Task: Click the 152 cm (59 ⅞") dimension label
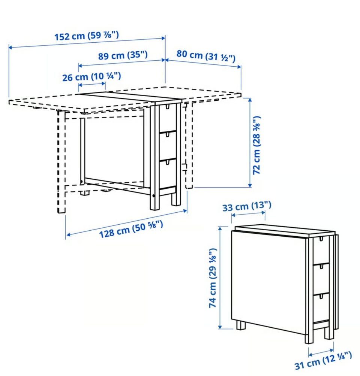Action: pyautogui.click(x=87, y=36)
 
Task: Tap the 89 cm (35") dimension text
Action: pyautogui.click(x=123, y=55)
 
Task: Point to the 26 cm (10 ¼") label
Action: pyautogui.click(x=91, y=77)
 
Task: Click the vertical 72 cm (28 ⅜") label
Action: pyautogui.click(x=256, y=145)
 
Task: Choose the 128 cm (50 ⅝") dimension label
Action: pyautogui.click(x=131, y=229)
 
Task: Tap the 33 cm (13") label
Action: pyautogui.click(x=247, y=206)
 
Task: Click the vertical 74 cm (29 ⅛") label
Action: pyautogui.click(x=213, y=278)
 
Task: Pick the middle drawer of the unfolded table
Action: pyautogui.click(x=168, y=146)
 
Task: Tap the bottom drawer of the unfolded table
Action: pyautogui.click(x=168, y=173)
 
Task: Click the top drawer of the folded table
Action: pyautogui.click(x=321, y=250)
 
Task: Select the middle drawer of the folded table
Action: pyautogui.click(x=321, y=279)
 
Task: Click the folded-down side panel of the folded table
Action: pyautogui.click(x=269, y=282)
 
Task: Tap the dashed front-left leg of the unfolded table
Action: pyautogui.click(x=61, y=162)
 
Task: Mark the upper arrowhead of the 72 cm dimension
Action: pyautogui.click(x=250, y=100)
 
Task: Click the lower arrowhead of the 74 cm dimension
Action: pyautogui.click(x=220, y=327)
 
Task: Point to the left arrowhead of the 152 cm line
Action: pyautogui.click(x=10, y=47)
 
